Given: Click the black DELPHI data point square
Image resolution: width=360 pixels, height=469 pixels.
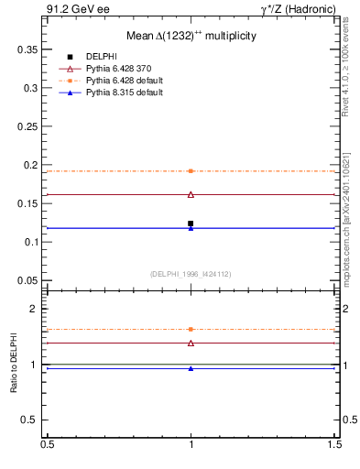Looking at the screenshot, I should coord(191,224).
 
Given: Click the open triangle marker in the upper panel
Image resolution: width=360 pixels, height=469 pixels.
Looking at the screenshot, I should coord(191,194).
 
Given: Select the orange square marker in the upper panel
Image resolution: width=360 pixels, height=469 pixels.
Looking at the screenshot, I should coord(191,171).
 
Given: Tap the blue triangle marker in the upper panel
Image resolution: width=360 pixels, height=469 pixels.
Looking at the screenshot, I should coord(191,228).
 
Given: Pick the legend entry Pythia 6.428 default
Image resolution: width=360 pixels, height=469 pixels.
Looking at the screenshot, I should coord(121,82).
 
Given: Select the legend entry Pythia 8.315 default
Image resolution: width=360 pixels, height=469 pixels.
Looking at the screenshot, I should coord(121,93).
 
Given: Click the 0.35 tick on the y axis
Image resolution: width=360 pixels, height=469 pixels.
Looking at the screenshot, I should coord(32,49).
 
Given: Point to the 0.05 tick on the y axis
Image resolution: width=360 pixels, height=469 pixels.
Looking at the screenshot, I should coord(32,280).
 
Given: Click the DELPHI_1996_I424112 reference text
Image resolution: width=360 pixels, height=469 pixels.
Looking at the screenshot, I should coord(191,273).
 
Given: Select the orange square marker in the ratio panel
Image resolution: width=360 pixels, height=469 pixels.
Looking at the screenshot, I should coord(191,329).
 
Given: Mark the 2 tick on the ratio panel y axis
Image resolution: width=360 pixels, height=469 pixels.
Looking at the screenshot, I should coord(38,309).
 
